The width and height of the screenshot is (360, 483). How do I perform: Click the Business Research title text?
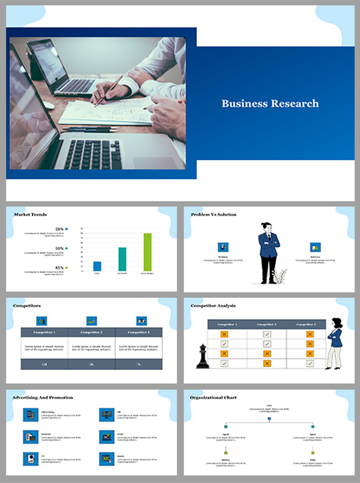(270, 103)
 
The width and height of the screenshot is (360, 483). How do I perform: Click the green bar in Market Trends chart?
(147, 252)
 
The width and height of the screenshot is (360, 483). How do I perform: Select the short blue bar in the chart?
(97, 266)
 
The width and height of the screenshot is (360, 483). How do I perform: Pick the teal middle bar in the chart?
(122, 259)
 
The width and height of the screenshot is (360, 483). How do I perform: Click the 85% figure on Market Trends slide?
(60, 267)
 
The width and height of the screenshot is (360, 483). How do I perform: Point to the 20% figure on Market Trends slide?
(60, 229)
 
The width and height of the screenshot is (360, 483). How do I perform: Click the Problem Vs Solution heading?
(213, 215)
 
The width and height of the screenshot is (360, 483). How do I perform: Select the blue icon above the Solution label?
(315, 247)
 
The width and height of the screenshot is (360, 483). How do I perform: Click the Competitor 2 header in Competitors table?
(91, 332)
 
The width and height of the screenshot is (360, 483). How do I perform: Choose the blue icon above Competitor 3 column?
(141, 321)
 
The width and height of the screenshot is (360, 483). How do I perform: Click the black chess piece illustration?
(203, 356)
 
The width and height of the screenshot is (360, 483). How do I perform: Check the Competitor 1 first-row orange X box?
(225, 334)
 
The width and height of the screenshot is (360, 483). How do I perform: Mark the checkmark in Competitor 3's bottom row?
(310, 363)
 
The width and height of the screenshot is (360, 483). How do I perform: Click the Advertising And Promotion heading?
(42, 397)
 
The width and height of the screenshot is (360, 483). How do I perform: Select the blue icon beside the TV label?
(30, 458)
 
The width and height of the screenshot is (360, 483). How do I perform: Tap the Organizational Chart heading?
(213, 397)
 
